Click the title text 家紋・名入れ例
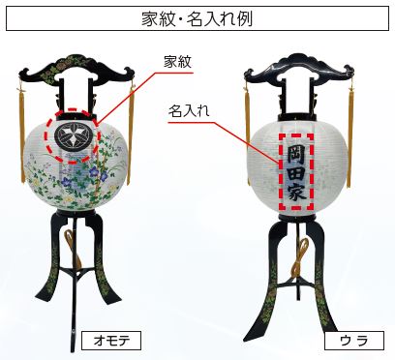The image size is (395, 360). (197, 17)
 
